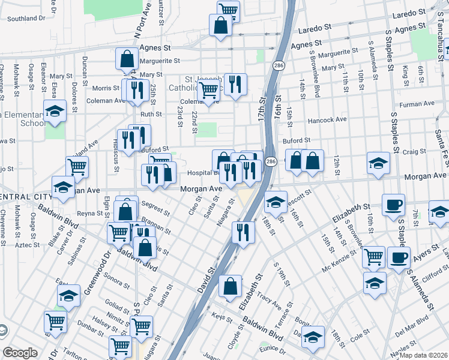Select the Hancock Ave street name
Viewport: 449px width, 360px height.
pos(327,120)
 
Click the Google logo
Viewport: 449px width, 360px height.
pos(20,353)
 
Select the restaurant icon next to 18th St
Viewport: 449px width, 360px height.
pos(243,232)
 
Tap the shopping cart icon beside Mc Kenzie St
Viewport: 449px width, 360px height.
pos(373,256)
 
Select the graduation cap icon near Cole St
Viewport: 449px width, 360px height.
pos(313,337)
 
